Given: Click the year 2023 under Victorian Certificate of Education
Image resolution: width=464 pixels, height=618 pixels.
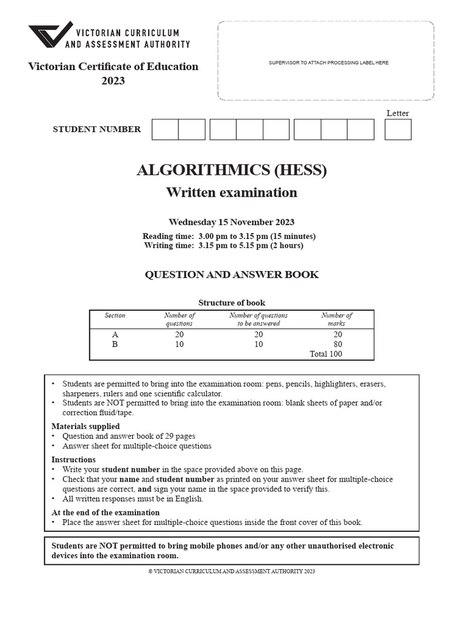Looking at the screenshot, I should [x=113, y=80].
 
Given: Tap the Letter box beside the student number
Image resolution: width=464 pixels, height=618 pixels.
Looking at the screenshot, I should [x=398, y=129].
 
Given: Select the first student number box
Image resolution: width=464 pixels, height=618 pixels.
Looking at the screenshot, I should [x=165, y=129].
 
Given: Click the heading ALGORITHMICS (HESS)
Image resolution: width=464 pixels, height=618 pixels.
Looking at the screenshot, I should [x=231, y=171].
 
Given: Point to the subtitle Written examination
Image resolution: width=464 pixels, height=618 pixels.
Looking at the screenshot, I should [x=231, y=193].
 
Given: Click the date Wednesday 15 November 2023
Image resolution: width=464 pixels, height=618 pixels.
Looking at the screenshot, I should [x=231, y=222].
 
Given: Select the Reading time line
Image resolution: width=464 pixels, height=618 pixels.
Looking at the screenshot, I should [x=229, y=236].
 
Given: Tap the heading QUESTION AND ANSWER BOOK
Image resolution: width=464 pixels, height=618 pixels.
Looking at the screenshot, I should [x=231, y=275].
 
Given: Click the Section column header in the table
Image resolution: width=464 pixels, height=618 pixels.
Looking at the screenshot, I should [x=115, y=316].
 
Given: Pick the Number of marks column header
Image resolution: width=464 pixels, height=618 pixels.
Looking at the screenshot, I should [x=337, y=319].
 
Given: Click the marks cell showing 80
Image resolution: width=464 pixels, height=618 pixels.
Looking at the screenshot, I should [x=337, y=345].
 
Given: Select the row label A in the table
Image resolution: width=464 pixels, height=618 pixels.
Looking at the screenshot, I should [x=115, y=335].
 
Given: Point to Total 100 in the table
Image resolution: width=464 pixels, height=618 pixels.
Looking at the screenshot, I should [x=326, y=354].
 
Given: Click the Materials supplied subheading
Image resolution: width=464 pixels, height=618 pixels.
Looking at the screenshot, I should [x=85, y=426].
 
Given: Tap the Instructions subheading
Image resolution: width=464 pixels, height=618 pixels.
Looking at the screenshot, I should [x=74, y=460].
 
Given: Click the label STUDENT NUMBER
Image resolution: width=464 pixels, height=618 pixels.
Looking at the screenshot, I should [x=97, y=129].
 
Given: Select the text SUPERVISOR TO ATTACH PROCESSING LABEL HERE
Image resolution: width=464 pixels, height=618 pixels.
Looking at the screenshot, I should [x=329, y=63].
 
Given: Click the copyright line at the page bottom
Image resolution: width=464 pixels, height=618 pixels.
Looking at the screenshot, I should [x=231, y=571].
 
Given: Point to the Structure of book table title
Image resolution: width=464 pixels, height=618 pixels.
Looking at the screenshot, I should [x=231, y=303].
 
